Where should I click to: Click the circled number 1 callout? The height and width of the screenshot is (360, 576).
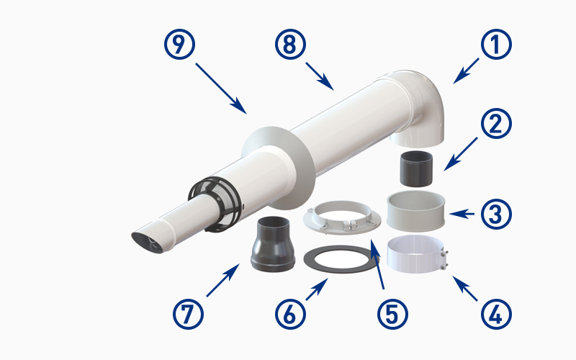(496, 45)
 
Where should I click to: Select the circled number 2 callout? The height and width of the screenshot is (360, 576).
(496, 123)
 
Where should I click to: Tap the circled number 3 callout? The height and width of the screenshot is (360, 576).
(496, 214)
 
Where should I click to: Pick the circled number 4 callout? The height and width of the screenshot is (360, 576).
(496, 314)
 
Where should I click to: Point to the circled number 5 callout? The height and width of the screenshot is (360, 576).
(392, 314)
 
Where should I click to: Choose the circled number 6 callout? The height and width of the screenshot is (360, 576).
(290, 314)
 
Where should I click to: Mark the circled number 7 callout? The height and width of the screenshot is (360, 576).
(188, 314)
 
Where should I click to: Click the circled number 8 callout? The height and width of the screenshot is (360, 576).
(290, 45)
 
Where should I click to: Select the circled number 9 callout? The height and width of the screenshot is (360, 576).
(179, 45)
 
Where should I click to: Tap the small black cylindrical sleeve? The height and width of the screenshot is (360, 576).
(416, 168)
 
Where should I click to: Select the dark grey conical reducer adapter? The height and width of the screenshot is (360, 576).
(273, 244)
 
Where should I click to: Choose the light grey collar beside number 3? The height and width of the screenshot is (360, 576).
(416, 211)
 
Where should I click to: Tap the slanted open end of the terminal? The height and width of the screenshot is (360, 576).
(147, 243)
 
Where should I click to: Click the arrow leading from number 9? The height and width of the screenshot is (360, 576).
(221, 89)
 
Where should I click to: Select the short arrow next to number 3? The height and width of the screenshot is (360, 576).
(462, 213)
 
